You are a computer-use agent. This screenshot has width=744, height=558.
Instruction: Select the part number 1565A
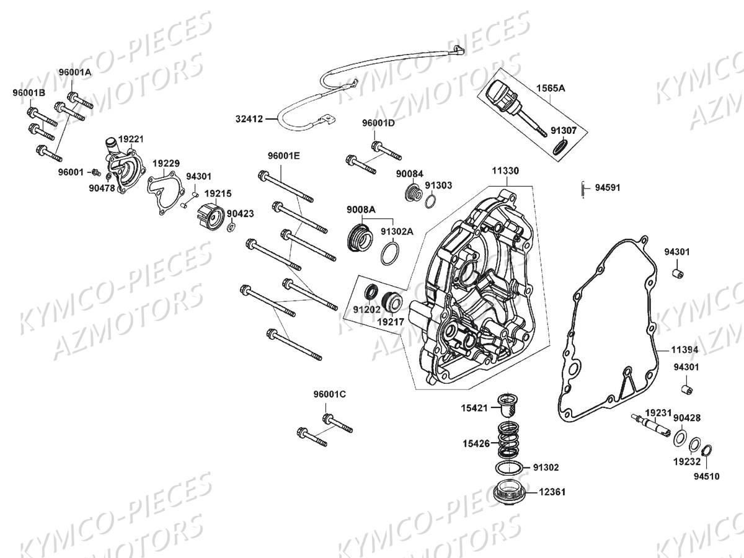tap(550, 89)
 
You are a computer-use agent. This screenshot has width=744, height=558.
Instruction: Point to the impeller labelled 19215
tap(209, 218)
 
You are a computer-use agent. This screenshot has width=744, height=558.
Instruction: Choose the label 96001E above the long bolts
tap(283, 156)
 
